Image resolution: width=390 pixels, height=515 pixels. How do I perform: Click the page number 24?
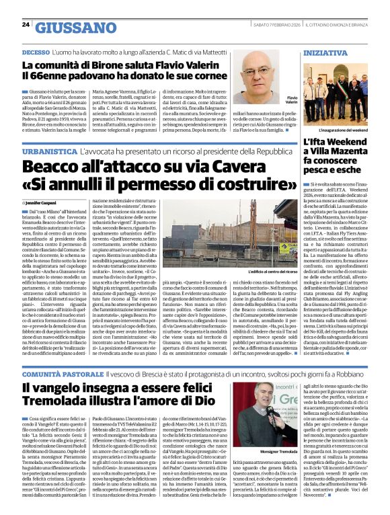pyautogui.click(x=25, y=25)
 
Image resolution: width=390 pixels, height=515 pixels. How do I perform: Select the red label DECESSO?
pyautogui.click(x=35, y=52)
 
